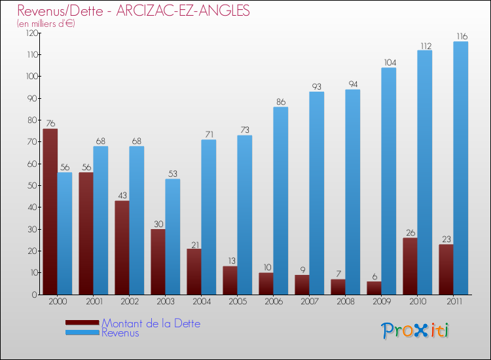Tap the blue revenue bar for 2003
tap(173, 236)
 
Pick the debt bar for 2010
tap(410, 266)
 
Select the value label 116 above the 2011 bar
tap(461, 36)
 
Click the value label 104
tap(389, 62)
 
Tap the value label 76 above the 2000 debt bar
tap(50, 123)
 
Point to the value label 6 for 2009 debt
tap(374, 276)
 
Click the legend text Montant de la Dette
tap(151, 323)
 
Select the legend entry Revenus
tap(120, 333)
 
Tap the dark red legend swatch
tap(82, 323)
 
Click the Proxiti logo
tap(415, 331)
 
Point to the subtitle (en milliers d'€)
tap(46, 24)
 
